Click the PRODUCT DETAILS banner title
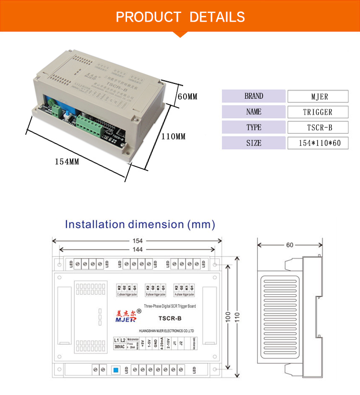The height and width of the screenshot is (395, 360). click(180, 17)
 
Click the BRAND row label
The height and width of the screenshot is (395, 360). click(254, 96)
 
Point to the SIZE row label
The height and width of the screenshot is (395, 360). click(254, 143)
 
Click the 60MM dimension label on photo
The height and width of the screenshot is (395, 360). click(187, 97)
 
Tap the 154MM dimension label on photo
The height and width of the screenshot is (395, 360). click(67, 162)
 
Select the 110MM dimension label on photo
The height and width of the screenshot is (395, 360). click(173, 137)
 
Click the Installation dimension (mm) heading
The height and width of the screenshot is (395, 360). click(140, 224)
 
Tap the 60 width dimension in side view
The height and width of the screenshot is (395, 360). click(290, 245)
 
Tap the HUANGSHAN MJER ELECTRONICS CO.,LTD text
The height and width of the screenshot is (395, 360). click(165, 331)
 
